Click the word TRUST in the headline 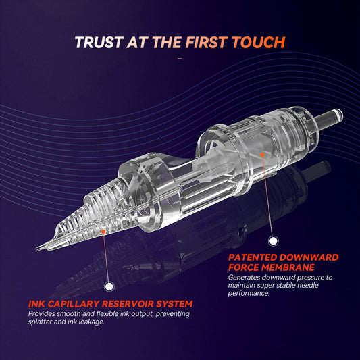[98, 43]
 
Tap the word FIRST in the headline [207, 43]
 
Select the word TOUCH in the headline [259, 43]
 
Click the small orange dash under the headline [180, 59]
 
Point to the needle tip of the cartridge [36, 249]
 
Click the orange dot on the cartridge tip [103, 232]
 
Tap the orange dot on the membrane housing [262, 155]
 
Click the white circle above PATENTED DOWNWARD [273, 241]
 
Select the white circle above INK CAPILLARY [109, 286]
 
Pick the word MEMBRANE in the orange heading [288, 267]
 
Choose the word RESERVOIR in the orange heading [128, 304]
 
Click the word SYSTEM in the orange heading [174, 304]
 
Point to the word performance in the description [249, 294]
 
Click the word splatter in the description [40, 322]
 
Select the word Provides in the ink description [41, 313]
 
